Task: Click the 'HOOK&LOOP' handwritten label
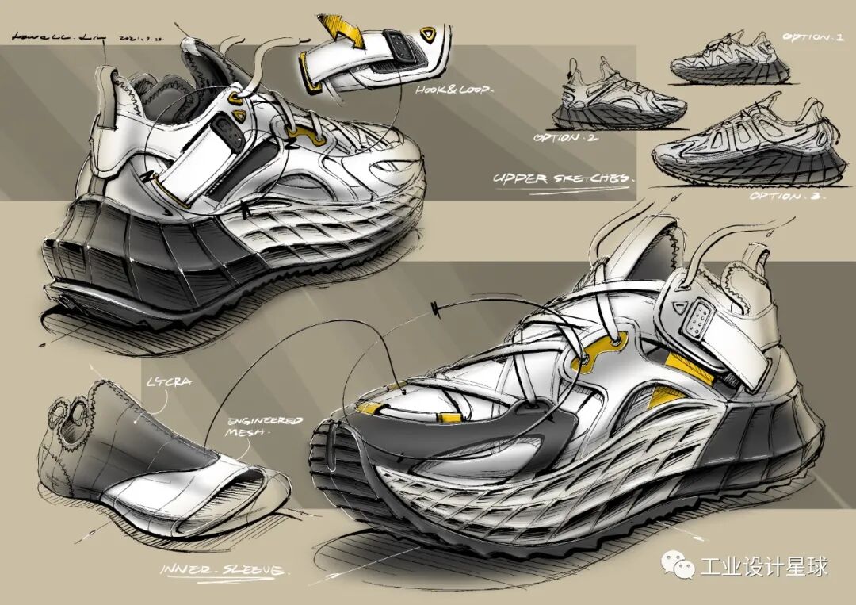[x=453, y=90]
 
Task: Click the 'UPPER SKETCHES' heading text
[x=564, y=178]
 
